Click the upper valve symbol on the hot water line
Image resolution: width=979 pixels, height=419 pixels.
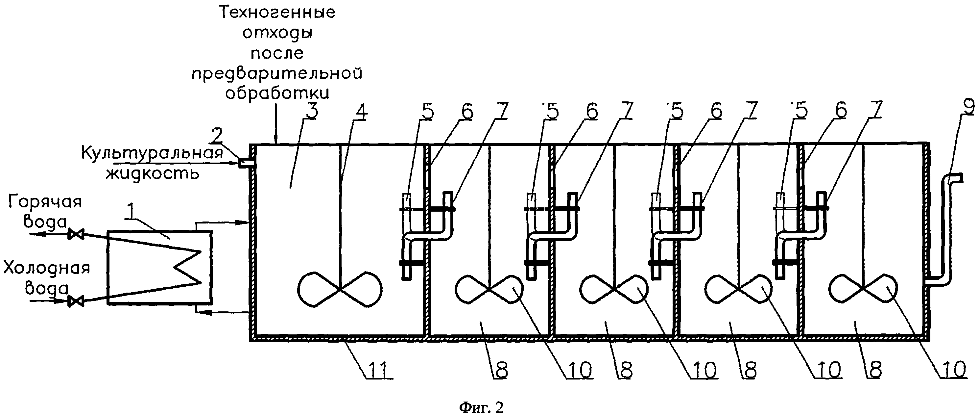76,234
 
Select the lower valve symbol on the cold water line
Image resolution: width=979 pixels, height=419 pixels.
76,302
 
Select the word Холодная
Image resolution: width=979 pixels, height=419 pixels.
47,268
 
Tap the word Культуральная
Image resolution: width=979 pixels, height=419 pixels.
152,153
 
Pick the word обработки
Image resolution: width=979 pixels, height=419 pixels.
277,93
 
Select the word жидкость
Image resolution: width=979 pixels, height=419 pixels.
153,173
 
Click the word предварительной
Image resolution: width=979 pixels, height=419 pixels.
277,73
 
